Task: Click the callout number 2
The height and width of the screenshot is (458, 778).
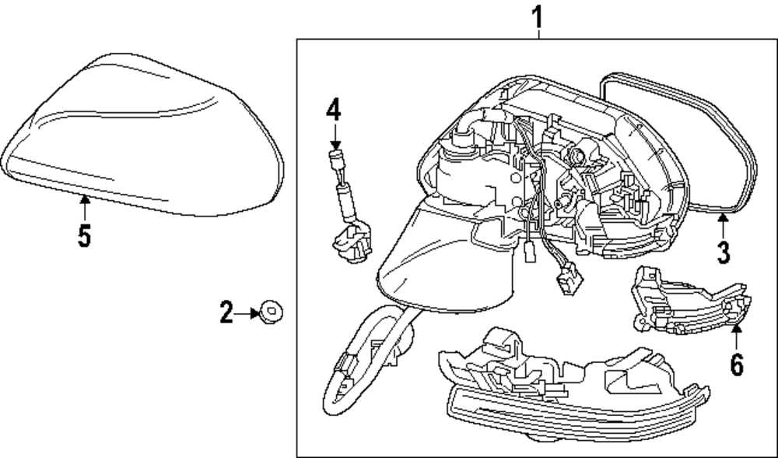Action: click(226, 313)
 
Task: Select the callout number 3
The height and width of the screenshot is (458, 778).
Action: click(724, 252)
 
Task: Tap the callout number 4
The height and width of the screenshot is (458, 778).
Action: click(333, 110)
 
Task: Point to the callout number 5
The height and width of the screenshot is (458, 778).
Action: click(84, 235)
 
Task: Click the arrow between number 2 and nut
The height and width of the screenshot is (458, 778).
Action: click(251, 313)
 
